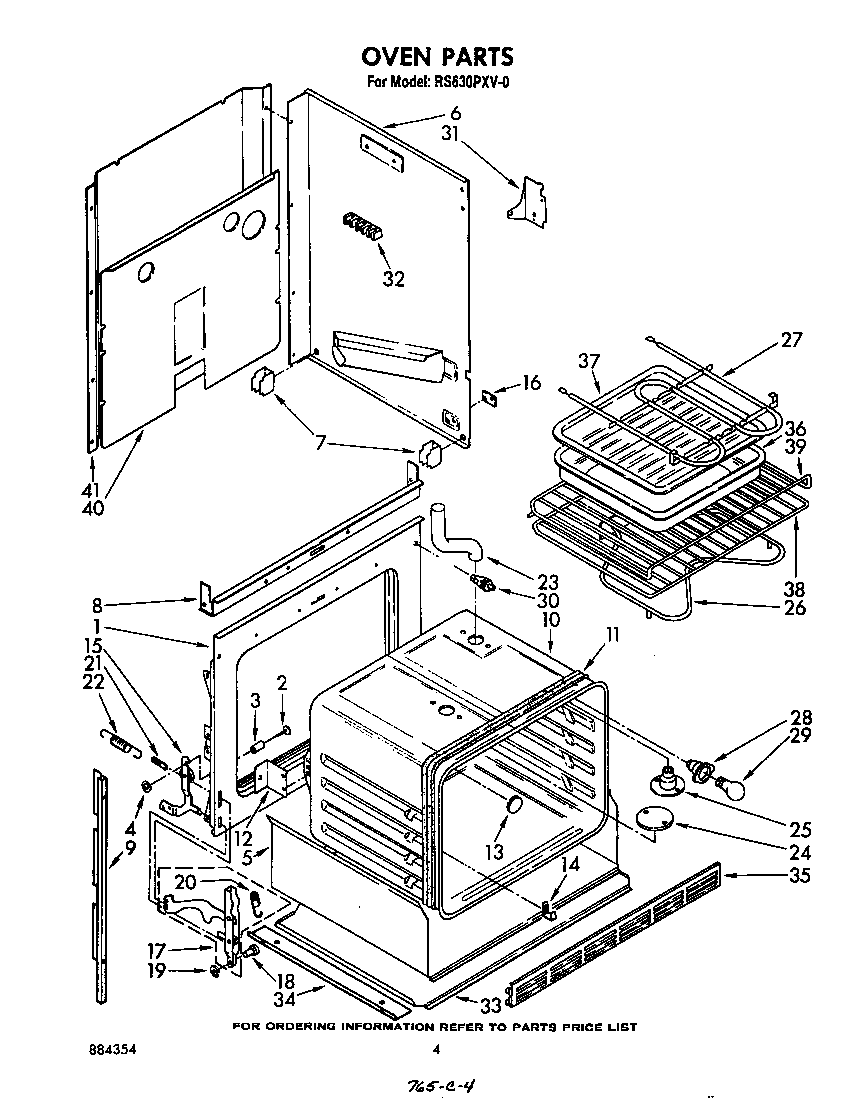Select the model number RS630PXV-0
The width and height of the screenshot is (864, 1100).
point(471,83)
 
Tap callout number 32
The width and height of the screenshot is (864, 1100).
point(393,280)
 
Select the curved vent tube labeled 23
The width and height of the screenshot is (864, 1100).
point(454,538)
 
